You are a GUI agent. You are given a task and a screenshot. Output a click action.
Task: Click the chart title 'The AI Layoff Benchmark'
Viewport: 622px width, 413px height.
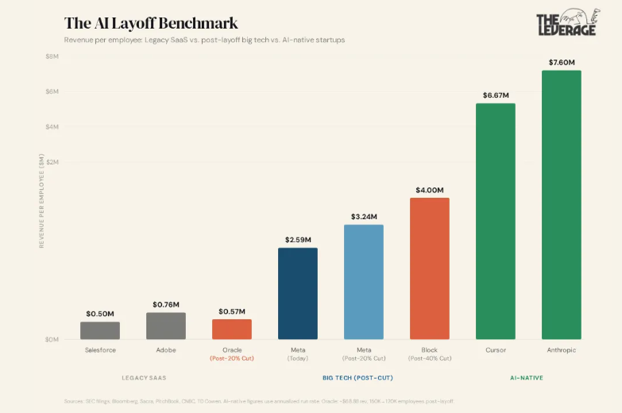point(150,23)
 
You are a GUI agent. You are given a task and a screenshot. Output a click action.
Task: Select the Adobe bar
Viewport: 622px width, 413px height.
point(166,326)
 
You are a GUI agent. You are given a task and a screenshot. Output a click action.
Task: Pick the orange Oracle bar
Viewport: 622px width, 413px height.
point(232,329)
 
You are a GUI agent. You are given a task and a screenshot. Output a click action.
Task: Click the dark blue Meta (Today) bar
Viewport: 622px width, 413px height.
point(298,294)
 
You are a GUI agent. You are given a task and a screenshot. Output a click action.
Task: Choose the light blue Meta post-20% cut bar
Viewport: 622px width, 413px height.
point(364,282)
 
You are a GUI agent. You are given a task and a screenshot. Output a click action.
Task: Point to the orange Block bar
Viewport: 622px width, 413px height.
point(430,268)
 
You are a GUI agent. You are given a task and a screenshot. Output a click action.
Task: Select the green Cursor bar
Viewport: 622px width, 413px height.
point(496,222)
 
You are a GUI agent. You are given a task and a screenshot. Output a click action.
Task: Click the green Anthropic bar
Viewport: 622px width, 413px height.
point(562,205)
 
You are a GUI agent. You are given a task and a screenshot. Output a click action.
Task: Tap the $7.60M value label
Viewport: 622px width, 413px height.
point(562,62)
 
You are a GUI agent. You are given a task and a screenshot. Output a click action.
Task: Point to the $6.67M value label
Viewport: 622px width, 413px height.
point(496,95)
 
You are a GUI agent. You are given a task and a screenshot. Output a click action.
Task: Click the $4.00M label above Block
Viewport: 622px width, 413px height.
point(430,190)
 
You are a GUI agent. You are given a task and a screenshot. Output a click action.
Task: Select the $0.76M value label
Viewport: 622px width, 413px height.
point(166,304)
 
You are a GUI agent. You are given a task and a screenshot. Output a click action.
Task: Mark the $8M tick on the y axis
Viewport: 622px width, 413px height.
point(52,56)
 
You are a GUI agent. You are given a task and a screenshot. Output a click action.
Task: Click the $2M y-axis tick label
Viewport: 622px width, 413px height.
point(52,162)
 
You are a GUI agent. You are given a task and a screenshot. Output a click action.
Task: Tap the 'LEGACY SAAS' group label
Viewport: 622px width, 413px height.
point(144,378)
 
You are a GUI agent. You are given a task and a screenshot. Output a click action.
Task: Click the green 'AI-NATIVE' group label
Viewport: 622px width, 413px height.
point(527,378)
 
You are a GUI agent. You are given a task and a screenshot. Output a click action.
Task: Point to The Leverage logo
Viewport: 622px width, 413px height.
point(567,25)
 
